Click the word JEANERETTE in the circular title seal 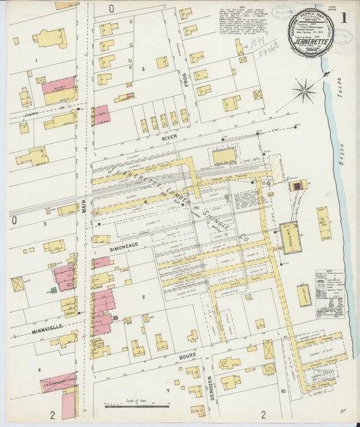pos(307,39)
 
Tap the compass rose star pos(305,90)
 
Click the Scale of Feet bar pos(136,405)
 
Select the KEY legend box pos(328,283)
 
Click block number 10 pos(284,391)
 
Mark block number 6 pos(39,370)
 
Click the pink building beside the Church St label pos(101,115)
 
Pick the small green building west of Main pos(53,291)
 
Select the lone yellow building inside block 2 pos(162,63)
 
